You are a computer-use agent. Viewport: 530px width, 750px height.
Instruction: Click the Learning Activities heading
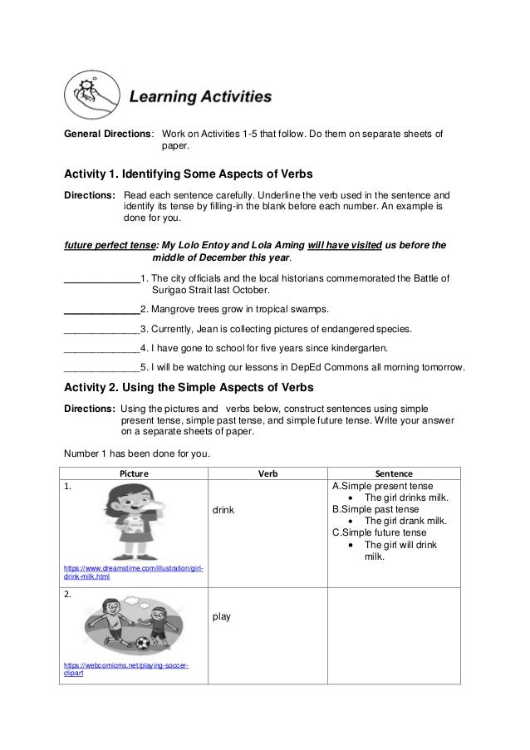click(x=199, y=97)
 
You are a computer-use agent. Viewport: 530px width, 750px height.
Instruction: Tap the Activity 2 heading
click(x=189, y=387)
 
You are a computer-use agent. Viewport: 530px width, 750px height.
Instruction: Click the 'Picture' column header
click(x=134, y=473)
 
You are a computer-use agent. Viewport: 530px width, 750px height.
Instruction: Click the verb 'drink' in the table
click(x=224, y=510)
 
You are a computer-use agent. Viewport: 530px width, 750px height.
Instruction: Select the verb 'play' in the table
click(x=222, y=617)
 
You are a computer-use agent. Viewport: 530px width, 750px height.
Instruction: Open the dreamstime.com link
click(x=134, y=571)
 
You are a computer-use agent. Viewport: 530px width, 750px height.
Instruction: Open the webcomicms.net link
click(x=125, y=669)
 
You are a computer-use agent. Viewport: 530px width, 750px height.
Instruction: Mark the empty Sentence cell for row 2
click(x=394, y=635)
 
